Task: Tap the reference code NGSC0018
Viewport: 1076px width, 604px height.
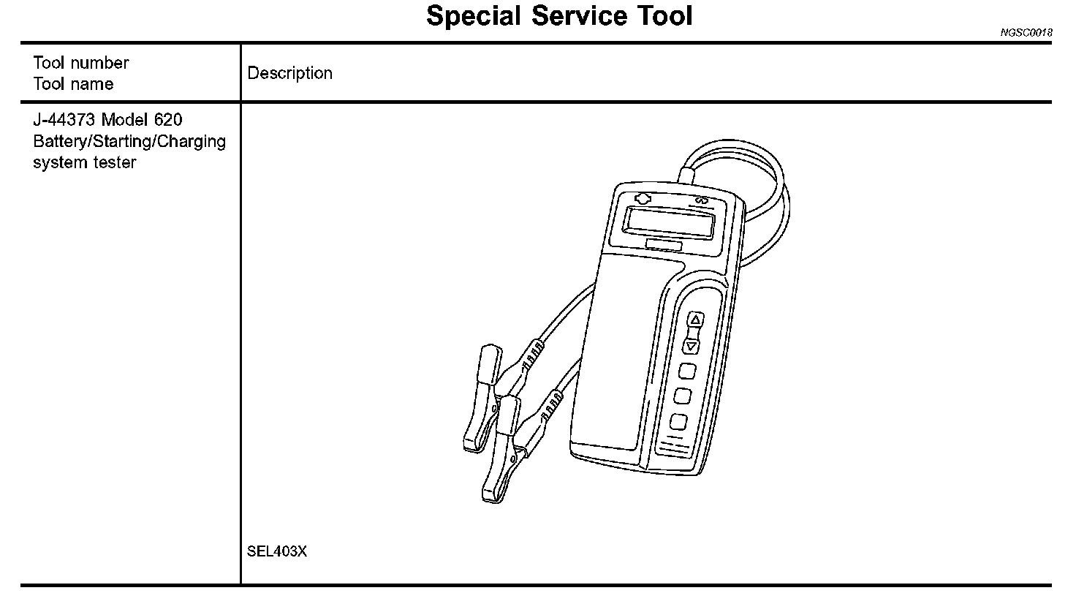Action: pos(1026,33)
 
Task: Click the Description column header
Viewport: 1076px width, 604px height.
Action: pos(290,73)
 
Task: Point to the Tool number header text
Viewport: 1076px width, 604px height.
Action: pos(81,63)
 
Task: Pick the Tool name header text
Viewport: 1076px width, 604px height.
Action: pos(73,84)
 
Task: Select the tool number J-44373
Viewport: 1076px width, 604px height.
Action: pos(64,120)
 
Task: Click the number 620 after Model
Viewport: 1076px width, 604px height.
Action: pos(168,120)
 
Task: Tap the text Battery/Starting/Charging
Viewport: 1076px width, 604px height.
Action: pos(129,141)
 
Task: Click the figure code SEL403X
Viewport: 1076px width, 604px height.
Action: pos(277,551)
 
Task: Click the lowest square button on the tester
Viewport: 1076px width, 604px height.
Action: pos(678,422)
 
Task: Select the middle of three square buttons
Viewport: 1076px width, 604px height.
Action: pos(682,396)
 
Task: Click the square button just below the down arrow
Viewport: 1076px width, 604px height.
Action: pos(686,371)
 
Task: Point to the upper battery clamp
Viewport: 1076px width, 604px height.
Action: pos(482,399)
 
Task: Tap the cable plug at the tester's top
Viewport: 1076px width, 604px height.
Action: pos(686,174)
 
